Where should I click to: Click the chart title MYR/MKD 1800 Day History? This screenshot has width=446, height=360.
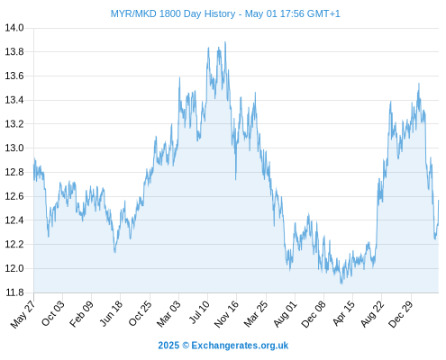[173, 13]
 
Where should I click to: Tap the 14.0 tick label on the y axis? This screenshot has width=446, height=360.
[14, 28]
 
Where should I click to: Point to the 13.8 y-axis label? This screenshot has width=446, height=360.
[14, 52]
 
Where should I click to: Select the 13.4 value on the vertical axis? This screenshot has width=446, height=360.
[14, 100]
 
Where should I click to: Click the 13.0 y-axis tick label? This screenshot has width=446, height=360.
[14, 148]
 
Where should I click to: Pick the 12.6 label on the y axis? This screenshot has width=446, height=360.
[14, 196]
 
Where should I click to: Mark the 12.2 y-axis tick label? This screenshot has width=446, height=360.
[14, 244]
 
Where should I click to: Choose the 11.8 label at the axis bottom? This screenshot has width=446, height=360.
[14, 292]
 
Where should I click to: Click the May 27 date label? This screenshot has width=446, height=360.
[23, 314]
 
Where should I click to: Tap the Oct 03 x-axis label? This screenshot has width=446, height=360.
[53, 313]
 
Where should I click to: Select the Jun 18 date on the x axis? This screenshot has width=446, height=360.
[111, 313]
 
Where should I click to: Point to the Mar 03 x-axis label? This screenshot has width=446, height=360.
[168, 313]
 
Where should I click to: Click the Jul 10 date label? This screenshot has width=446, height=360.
[199, 312]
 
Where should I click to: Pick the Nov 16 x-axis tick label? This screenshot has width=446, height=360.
[226, 314]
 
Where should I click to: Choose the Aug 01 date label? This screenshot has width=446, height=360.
[285, 314]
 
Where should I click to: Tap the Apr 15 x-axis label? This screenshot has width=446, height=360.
[344, 313]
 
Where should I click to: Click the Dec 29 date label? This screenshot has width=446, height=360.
[401, 314]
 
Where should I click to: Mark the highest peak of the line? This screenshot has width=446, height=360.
[225, 42]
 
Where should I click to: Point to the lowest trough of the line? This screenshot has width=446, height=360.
[341, 283]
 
